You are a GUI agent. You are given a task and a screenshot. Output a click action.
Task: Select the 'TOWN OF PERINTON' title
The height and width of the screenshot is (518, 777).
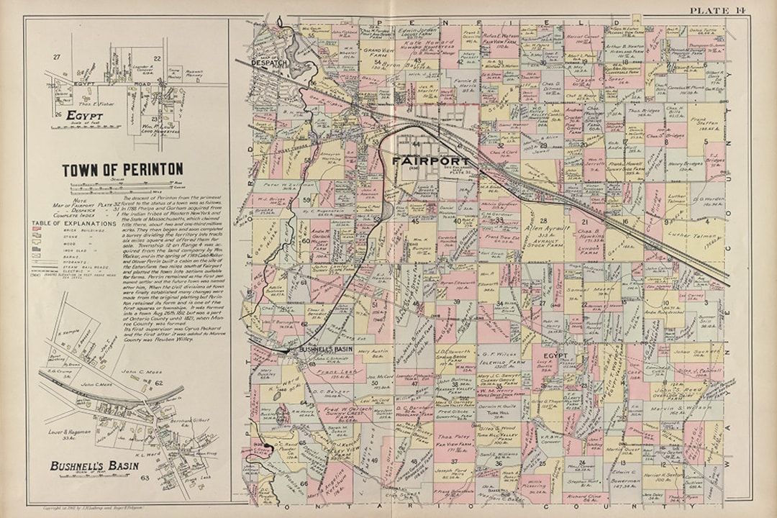point(122,170)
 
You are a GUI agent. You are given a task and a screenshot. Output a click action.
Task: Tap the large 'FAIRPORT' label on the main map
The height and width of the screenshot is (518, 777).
point(430,160)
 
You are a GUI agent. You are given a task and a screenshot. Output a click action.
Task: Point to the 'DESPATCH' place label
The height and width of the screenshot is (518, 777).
point(268,63)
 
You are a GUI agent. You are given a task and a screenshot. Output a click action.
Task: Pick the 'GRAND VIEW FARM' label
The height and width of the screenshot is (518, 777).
point(376,51)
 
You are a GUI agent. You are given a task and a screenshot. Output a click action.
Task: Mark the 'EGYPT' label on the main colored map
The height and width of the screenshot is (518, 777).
point(556,356)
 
